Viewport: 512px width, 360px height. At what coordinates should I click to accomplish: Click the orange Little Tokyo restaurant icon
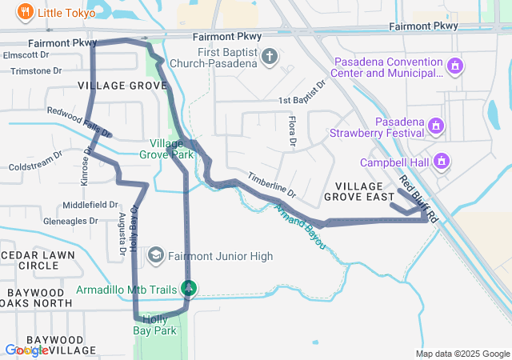click(x=26, y=12)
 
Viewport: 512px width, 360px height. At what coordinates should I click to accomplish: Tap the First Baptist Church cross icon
click(x=270, y=56)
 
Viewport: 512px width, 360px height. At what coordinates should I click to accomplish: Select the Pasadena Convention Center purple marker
click(x=455, y=66)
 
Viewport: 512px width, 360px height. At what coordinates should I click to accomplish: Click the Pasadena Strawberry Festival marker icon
click(x=435, y=125)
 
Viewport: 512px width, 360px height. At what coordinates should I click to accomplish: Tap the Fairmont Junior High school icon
click(x=156, y=256)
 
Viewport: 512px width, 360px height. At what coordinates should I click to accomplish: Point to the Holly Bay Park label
click(x=154, y=325)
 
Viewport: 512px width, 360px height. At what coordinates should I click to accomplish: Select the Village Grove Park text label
click(x=171, y=149)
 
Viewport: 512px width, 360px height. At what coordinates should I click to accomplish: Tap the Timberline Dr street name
click(x=271, y=185)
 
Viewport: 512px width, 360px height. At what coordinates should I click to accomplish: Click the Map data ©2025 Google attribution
click(x=462, y=354)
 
